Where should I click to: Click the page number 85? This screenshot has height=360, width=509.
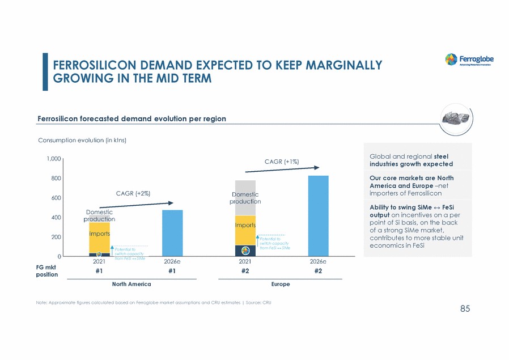point(465,309)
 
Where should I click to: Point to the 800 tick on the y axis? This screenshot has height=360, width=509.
point(57,179)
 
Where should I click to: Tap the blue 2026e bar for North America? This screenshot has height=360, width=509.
point(172,233)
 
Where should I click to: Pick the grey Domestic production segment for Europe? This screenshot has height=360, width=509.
point(245,198)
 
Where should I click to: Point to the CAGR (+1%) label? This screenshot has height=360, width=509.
point(281,162)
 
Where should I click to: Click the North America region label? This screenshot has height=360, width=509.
point(132,284)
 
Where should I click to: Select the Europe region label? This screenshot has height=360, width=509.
point(281,284)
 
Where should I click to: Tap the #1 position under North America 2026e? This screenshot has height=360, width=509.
point(172,272)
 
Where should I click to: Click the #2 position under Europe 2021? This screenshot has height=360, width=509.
point(245,272)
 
